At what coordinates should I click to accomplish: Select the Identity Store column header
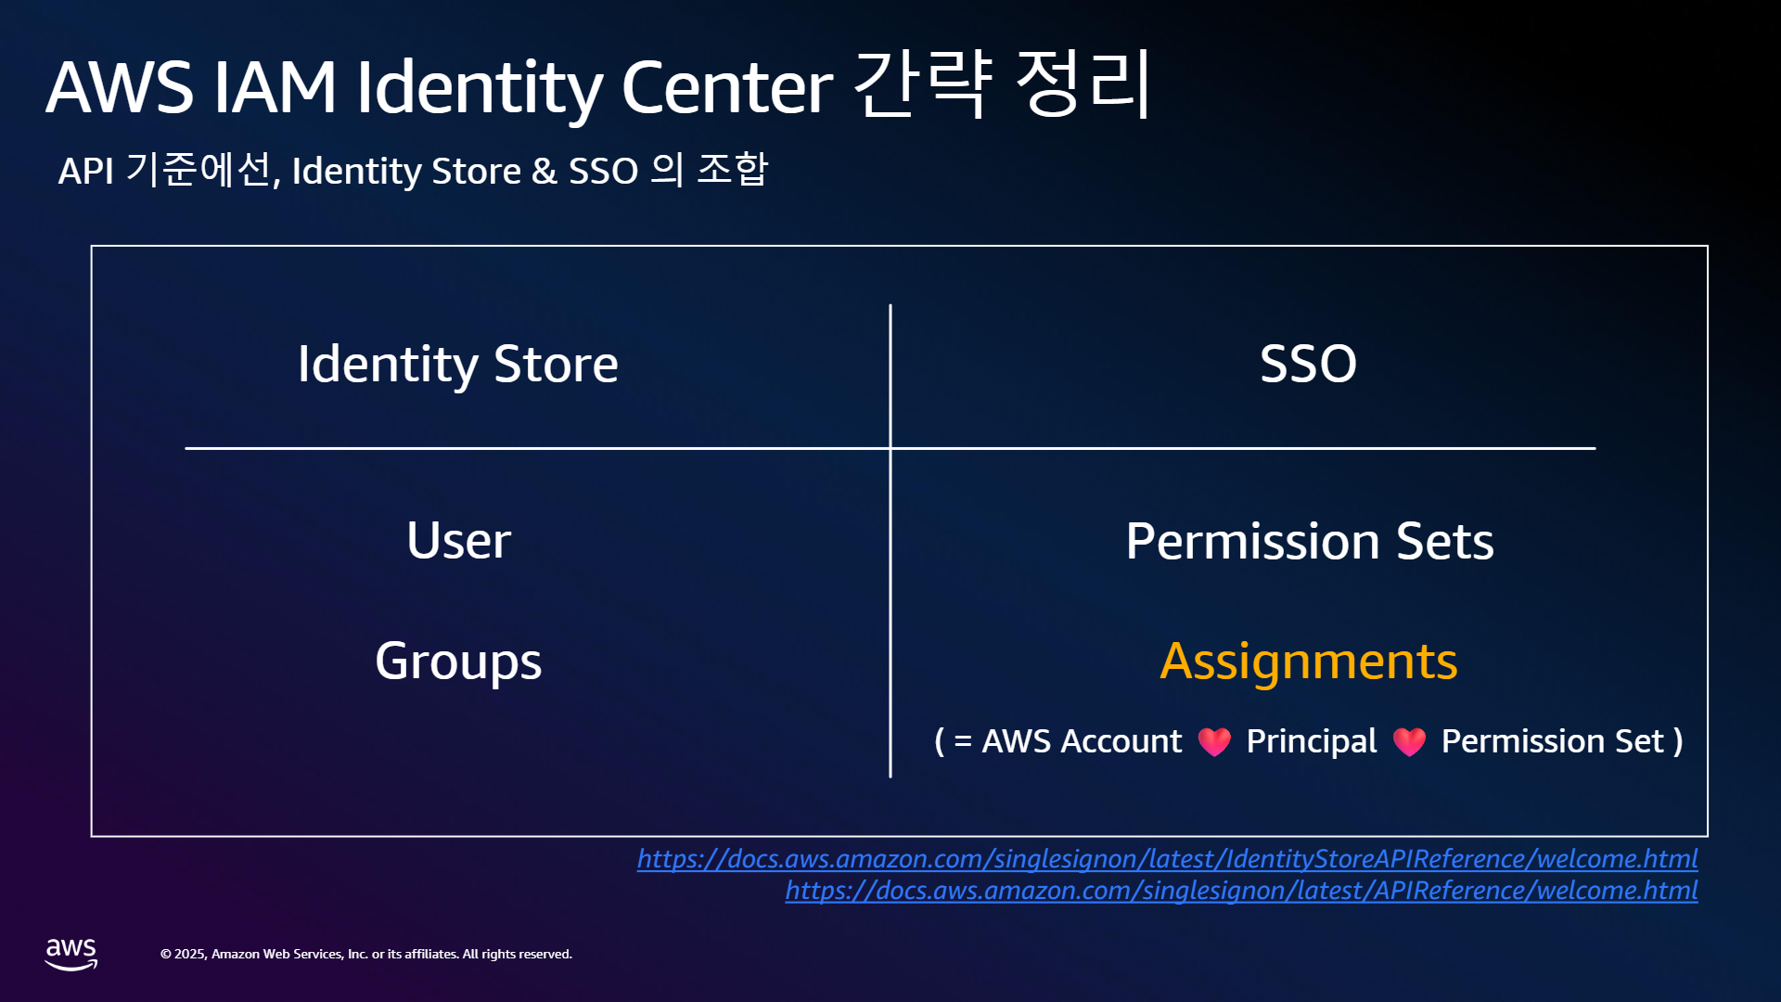[458, 365]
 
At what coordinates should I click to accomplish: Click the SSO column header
[1308, 363]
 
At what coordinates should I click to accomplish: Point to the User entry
[458, 540]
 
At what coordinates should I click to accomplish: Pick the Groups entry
[458, 662]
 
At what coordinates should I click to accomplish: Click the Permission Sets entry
[1309, 541]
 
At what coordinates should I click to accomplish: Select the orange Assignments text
[1308, 662]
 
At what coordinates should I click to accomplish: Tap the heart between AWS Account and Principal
[1214, 741]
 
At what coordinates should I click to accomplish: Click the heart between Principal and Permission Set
[1409, 741]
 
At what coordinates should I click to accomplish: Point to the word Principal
[1312, 742]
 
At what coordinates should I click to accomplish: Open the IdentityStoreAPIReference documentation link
[1168, 859]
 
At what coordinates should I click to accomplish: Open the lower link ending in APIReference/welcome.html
[1242, 891]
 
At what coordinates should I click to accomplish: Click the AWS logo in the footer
[71, 954]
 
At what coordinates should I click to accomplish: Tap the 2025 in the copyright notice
[189, 954]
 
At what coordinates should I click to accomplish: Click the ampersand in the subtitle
[545, 172]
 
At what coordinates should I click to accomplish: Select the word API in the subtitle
[86, 172]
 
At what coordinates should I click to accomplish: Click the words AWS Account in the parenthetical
[1082, 742]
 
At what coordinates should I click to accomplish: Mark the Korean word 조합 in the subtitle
[733, 170]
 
